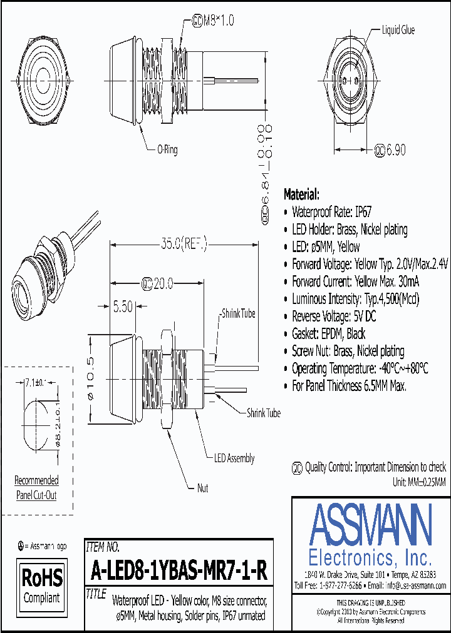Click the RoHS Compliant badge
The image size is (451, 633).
43,585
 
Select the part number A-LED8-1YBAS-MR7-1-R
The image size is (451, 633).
179,570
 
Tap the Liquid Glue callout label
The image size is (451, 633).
398,30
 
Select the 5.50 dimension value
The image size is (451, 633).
123,307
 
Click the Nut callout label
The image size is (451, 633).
202,488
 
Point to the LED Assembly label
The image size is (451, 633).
234,458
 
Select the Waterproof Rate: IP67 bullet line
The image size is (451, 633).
332,211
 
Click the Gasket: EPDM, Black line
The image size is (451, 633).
328,333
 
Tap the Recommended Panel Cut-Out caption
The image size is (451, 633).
36,488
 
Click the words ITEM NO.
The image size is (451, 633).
102,547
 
